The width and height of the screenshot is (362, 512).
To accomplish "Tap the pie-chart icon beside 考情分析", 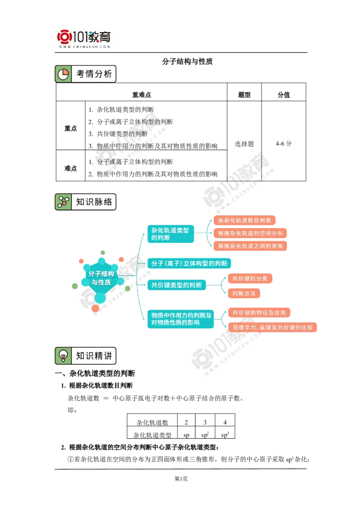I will pyautogui.click(x=63, y=74).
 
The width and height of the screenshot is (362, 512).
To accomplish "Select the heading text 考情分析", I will pyautogui.click(x=94, y=74).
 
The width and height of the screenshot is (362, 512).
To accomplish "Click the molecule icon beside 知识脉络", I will pyautogui.click(x=63, y=202).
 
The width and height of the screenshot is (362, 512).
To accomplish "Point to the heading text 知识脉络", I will pyautogui.click(x=94, y=202).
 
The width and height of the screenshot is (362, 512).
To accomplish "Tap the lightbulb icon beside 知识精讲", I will pyautogui.click(x=63, y=356).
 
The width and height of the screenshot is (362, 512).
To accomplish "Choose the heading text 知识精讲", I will pyautogui.click(x=94, y=356).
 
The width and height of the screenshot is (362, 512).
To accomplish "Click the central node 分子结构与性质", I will pyautogui.click(x=101, y=278).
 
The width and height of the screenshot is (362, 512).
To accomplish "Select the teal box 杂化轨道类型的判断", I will pyautogui.click(x=170, y=234).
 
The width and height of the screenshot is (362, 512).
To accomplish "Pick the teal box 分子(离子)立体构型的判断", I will pyautogui.click(x=189, y=263).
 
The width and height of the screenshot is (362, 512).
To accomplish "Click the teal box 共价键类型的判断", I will pyautogui.click(x=176, y=285).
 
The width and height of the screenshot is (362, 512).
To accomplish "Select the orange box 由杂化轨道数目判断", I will pyautogui.click(x=245, y=221).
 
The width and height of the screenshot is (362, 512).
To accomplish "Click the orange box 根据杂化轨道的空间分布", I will pyautogui.click(x=251, y=233).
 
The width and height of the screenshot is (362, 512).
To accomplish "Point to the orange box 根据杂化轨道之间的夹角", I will pyautogui.click(x=251, y=246).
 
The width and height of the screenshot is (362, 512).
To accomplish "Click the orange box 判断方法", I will pyautogui.click(x=244, y=294).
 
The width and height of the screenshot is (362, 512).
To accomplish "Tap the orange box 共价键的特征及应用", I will pyautogui.click(x=259, y=313).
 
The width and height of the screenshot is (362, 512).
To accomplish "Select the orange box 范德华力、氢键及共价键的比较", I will pyautogui.click(x=272, y=327).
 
